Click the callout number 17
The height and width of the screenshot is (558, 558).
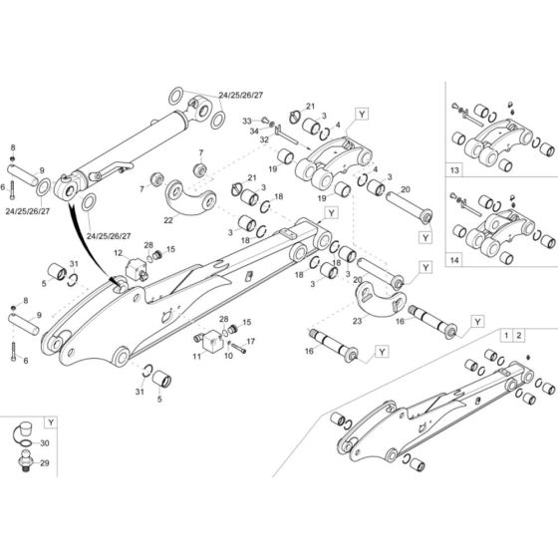tap(251, 342)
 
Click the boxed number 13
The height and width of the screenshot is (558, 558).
tap(456, 169)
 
